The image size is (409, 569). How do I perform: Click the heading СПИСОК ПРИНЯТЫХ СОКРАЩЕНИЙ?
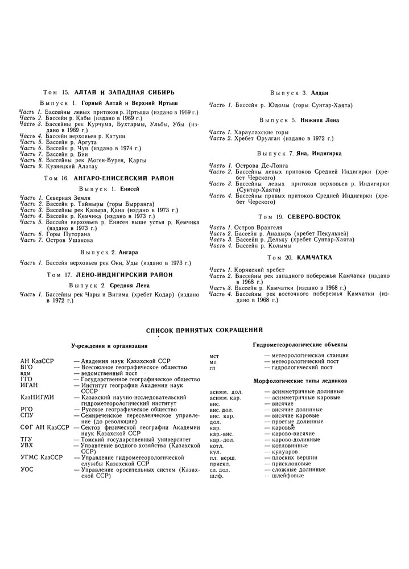(x=204, y=329)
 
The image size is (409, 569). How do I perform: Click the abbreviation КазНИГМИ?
(x=35, y=397)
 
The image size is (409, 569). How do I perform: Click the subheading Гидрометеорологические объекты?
(x=300, y=345)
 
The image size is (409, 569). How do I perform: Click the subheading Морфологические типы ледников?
(x=300, y=380)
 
